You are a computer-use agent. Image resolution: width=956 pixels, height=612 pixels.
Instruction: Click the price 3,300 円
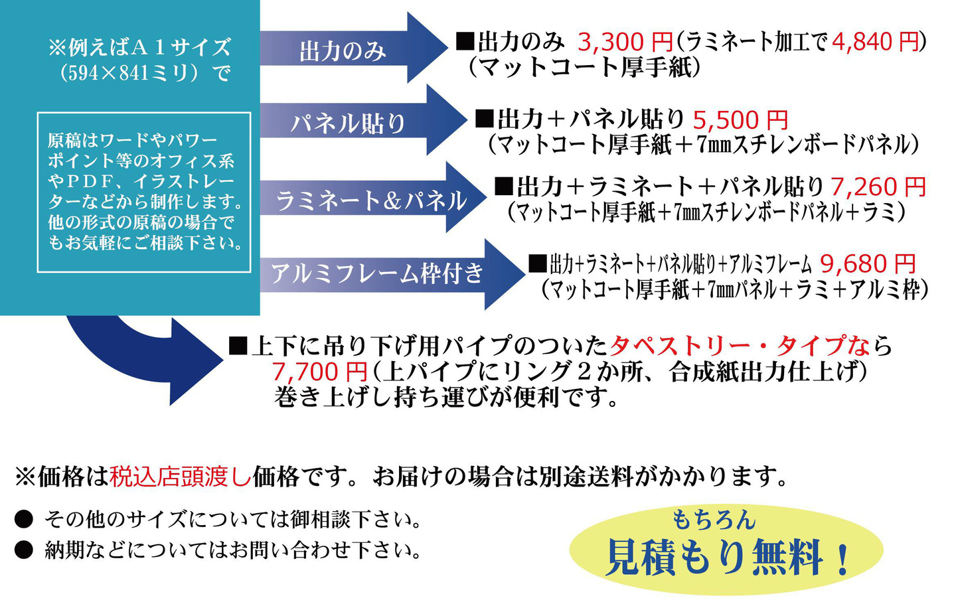tap(625, 42)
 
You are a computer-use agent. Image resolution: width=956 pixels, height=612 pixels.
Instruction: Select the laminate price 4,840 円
tap(875, 42)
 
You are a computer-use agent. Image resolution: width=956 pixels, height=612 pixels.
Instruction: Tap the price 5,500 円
tap(740, 120)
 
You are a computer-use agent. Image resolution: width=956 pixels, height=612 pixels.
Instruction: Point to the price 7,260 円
tap(878, 187)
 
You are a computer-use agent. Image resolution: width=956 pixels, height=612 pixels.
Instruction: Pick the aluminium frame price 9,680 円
tap(868, 264)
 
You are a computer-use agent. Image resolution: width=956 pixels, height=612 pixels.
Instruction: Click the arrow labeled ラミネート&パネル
tap(372, 199)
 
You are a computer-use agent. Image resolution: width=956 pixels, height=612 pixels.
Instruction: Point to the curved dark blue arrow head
tap(193, 362)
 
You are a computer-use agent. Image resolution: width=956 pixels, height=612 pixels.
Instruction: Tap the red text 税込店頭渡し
tap(181, 477)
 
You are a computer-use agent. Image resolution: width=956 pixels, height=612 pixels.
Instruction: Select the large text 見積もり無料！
tap(728, 557)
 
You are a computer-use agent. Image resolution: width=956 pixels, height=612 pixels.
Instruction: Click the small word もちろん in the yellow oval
tap(713, 520)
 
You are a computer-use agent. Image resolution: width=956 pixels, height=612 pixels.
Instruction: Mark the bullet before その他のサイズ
tap(24, 519)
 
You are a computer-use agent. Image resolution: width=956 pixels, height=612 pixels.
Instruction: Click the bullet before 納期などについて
tap(24, 550)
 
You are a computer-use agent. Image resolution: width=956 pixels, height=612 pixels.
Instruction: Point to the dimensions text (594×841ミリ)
tap(145, 72)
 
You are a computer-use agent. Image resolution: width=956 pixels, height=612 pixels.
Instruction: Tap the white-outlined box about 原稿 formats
tap(144, 192)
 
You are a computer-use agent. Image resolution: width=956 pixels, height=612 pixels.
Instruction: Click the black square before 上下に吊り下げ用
tap(237, 345)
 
